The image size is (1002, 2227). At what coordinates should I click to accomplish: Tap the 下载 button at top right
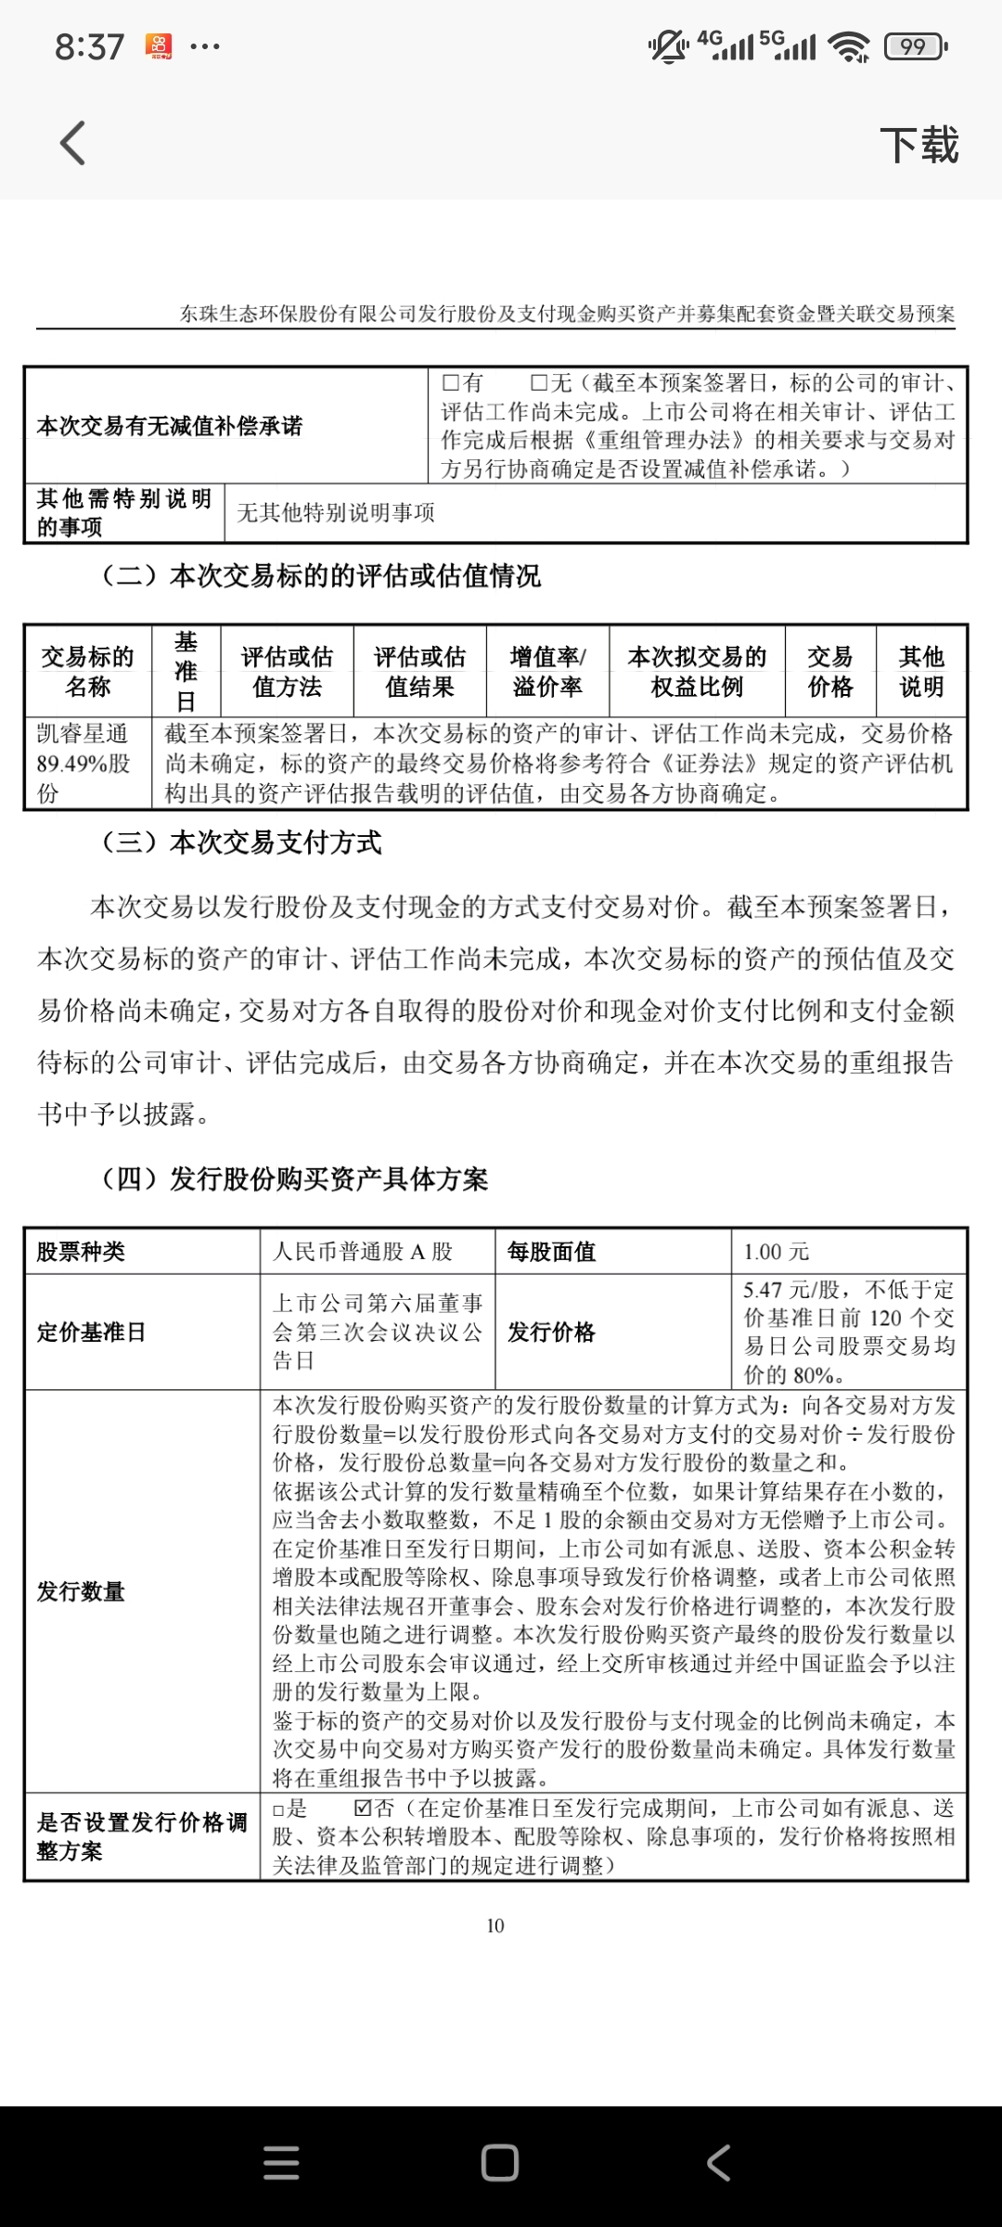click(918, 146)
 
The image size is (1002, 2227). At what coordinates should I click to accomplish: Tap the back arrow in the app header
click(72, 144)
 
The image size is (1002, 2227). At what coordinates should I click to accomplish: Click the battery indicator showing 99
click(914, 46)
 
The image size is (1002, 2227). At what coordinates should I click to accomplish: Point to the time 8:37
click(89, 46)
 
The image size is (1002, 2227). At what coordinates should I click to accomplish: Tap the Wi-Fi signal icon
click(849, 46)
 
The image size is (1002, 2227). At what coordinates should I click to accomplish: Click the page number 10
click(495, 1925)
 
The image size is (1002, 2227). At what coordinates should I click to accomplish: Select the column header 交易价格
click(829, 672)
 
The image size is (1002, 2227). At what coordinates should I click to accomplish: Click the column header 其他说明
click(920, 672)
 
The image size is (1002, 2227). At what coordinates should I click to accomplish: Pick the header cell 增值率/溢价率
click(547, 672)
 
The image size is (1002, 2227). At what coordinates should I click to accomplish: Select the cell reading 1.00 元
click(777, 1252)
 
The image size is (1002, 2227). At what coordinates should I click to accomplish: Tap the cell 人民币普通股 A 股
click(363, 1252)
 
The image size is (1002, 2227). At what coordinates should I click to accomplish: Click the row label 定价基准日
click(92, 1332)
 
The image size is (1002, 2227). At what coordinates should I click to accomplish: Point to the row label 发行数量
click(81, 1591)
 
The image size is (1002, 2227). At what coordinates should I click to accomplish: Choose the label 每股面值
click(552, 1252)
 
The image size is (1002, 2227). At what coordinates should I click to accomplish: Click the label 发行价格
click(552, 1332)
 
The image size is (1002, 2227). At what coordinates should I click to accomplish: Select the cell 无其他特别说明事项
click(336, 512)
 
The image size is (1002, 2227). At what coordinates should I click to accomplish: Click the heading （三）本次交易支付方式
click(241, 843)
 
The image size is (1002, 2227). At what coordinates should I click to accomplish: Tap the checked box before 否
click(363, 1808)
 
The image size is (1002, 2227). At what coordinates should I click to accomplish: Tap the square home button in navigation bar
click(500, 2162)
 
